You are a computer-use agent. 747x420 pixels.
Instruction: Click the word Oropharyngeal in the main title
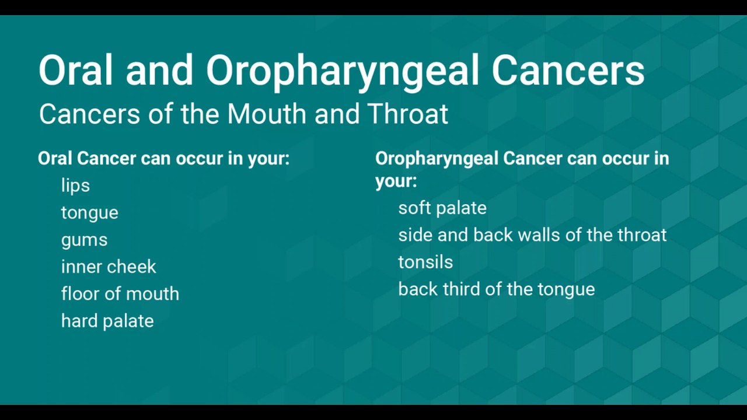coord(343,71)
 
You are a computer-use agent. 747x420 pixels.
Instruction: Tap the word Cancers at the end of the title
coord(567,71)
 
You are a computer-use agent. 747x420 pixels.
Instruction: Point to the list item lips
coord(75,185)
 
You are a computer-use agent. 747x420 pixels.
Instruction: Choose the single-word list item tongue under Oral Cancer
coord(89,213)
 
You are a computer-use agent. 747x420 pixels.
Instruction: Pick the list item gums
coord(84,240)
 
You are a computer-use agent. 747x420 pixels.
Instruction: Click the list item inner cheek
coord(109,267)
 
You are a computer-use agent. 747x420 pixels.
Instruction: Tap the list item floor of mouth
coord(120,293)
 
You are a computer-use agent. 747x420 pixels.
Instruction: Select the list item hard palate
coord(107,321)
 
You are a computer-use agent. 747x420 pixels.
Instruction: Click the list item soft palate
coord(442,208)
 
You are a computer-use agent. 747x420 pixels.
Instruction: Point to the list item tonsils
coord(425,262)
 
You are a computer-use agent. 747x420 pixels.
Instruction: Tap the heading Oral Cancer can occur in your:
coord(163,159)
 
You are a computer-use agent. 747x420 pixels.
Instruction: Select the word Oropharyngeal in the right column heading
coord(437,159)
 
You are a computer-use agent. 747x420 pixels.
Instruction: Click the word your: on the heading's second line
coord(396,181)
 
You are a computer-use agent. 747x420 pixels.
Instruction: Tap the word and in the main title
coord(159,71)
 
